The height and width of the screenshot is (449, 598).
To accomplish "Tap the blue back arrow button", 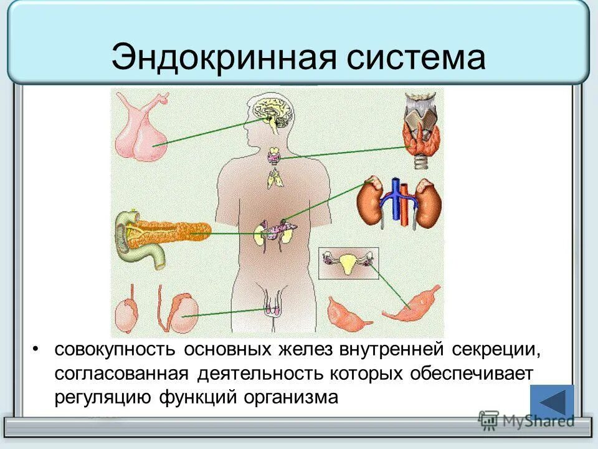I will pyautogui.click(x=552, y=401).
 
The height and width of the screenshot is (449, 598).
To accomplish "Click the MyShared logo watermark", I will pyautogui.click(x=527, y=420).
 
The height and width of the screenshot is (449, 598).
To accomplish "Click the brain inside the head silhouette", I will pyautogui.click(x=273, y=112).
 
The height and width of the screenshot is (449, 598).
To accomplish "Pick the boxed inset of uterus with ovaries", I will pyautogui.click(x=348, y=263).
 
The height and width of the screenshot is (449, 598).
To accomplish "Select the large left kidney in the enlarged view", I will pyautogui.click(x=372, y=203).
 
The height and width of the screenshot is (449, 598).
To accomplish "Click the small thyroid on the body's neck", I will pyautogui.click(x=273, y=154).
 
